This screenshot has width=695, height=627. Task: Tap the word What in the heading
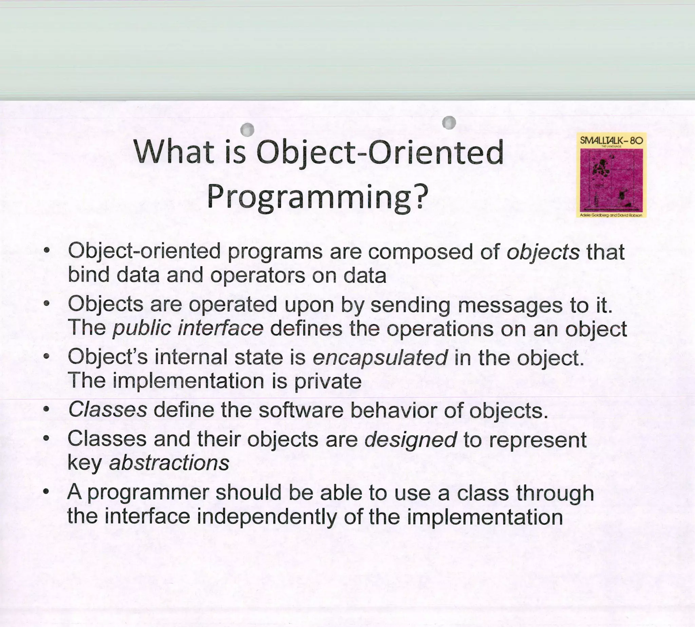pyautogui.click(x=174, y=152)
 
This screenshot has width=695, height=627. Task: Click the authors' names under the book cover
pyautogui.click(x=611, y=215)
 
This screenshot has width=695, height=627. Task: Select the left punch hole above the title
pyautogui.click(x=247, y=129)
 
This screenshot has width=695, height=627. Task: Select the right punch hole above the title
pyautogui.click(x=449, y=122)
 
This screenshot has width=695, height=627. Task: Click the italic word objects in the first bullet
pyautogui.click(x=543, y=252)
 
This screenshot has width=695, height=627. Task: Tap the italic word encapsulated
pyautogui.click(x=380, y=357)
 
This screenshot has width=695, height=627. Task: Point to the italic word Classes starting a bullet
pyautogui.click(x=107, y=410)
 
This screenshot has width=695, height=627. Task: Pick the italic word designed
pyautogui.click(x=410, y=440)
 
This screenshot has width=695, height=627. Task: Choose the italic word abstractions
pyautogui.click(x=169, y=463)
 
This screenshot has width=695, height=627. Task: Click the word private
pyautogui.click(x=328, y=381)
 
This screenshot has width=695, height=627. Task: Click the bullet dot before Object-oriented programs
pyautogui.click(x=47, y=250)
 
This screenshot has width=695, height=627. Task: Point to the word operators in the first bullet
pyautogui.click(x=258, y=275)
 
